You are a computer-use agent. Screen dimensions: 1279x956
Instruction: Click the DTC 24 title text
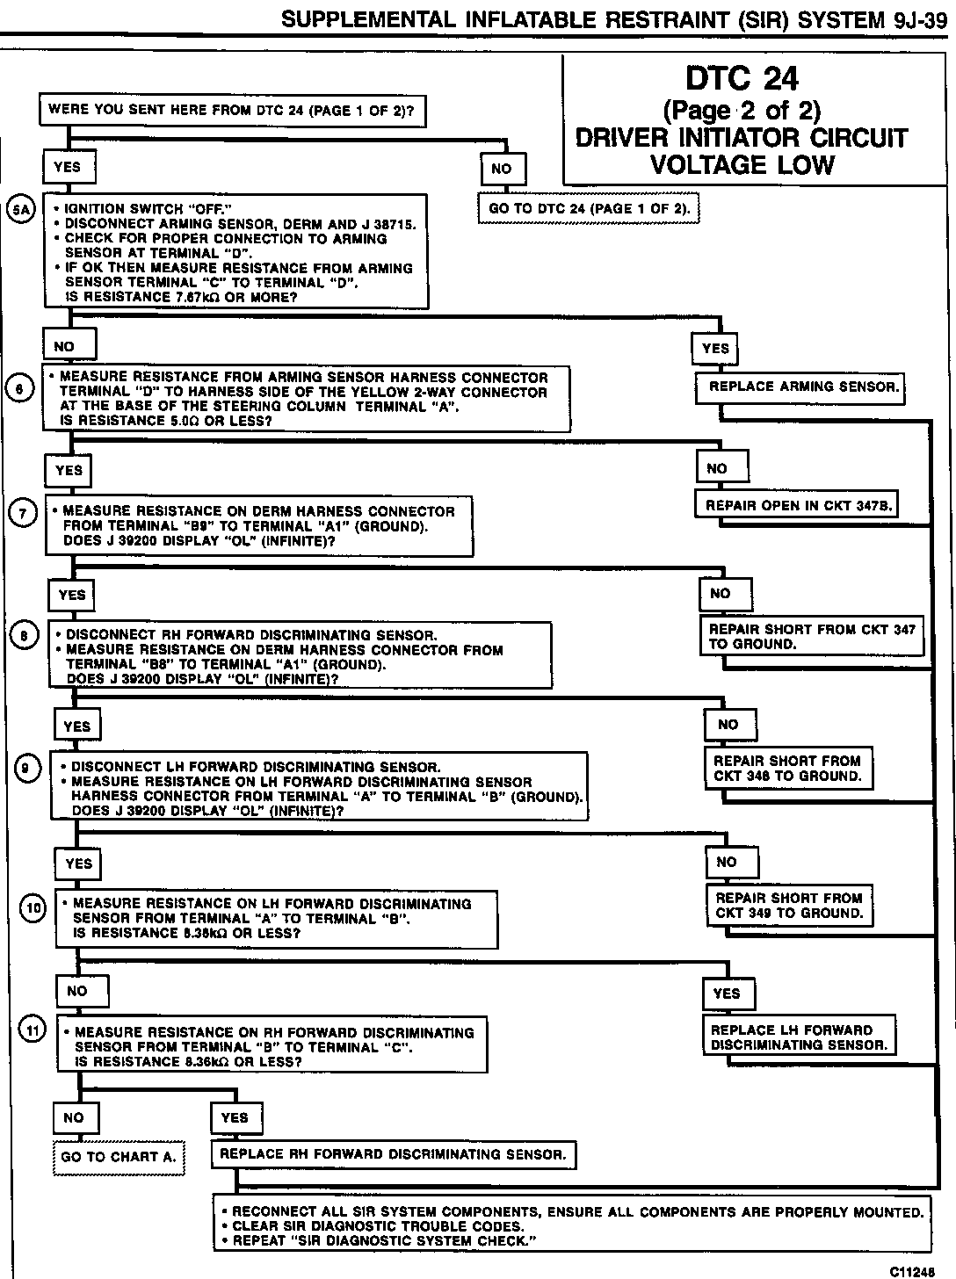[x=742, y=79]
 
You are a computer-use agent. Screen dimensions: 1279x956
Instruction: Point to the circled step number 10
[x=33, y=907]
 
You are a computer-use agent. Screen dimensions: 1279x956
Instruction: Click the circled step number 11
[x=33, y=1030]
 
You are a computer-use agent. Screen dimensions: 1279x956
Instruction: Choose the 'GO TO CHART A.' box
[x=118, y=1157]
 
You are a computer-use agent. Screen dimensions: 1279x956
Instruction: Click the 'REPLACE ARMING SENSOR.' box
[x=800, y=387]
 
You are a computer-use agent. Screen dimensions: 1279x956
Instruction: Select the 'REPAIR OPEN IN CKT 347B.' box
[x=799, y=506]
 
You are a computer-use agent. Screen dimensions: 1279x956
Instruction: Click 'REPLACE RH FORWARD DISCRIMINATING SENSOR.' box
[x=393, y=1154]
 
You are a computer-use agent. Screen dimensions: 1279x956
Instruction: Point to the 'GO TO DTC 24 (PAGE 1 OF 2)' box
[x=589, y=208]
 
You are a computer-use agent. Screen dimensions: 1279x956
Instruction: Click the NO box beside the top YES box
[x=502, y=169]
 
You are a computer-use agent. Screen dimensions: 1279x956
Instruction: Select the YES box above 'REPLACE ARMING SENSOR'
[x=715, y=349]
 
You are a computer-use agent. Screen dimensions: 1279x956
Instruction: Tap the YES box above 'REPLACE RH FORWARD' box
[x=235, y=1117]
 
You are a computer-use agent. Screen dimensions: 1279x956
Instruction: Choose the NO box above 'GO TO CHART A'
[x=74, y=1117]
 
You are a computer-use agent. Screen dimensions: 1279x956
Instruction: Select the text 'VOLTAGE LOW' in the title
[x=742, y=164]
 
